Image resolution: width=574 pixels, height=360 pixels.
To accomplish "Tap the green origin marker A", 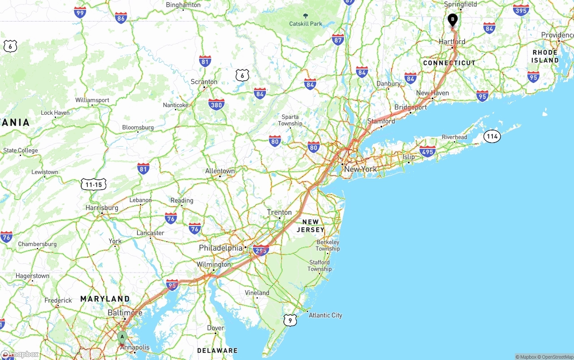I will (x=122, y=337).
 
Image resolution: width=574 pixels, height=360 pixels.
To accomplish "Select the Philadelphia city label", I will (x=221, y=248).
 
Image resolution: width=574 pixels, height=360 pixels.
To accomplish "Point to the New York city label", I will (x=361, y=169).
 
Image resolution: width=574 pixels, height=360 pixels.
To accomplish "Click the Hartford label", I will (x=452, y=42).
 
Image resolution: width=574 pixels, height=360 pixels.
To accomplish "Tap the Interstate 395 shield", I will (x=521, y=10).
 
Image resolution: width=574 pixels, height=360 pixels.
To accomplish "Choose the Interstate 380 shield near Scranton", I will (x=216, y=105).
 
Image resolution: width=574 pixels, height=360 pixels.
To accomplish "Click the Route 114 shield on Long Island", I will (x=492, y=136).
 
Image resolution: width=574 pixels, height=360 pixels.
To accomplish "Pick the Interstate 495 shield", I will (x=427, y=152).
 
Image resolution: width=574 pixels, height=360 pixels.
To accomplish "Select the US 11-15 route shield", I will (x=94, y=184).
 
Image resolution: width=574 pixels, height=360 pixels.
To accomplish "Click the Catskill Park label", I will (x=305, y=24).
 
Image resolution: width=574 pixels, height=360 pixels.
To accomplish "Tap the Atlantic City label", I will (x=325, y=315).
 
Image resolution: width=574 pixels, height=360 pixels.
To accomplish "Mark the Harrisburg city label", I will (x=102, y=208).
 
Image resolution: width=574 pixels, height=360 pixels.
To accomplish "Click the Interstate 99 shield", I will (x=80, y=12).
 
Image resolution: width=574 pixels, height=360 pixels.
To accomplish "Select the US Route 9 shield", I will (x=290, y=320).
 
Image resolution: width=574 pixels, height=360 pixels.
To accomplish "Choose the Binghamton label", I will (x=183, y=5).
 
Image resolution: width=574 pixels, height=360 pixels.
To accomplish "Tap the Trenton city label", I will (x=279, y=213).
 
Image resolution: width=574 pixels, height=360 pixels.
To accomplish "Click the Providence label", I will (x=557, y=35).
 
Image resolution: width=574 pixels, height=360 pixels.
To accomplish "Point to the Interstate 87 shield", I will (x=338, y=39).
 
